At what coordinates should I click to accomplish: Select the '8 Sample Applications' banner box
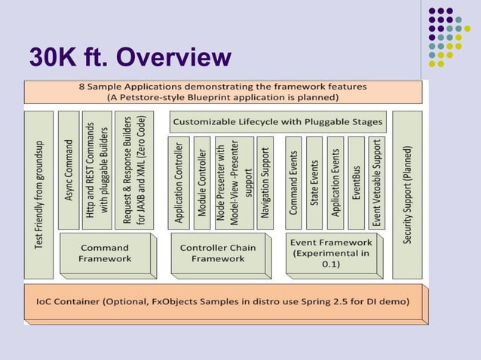click(x=222, y=91)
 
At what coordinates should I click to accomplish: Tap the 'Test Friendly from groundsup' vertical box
click(x=39, y=181)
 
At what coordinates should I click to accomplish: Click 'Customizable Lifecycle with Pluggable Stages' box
click(x=277, y=121)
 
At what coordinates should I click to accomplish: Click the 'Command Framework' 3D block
click(x=105, y=253)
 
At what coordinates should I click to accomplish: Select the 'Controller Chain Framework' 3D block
click(x=218, y=253)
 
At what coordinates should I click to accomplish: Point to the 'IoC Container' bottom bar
click(x=223, y=301)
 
